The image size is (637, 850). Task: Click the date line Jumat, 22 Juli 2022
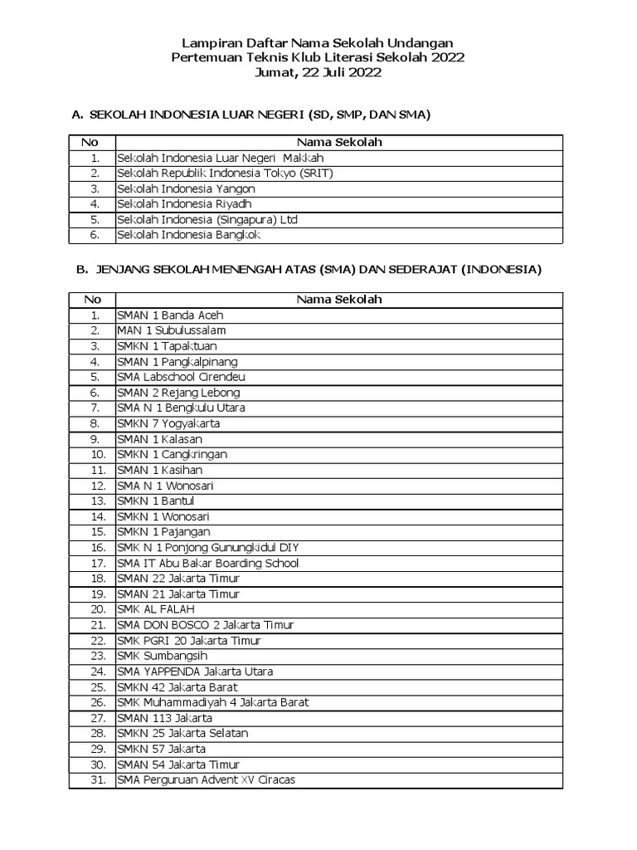point(318,72)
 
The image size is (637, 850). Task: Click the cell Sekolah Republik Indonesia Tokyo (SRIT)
point(225,173)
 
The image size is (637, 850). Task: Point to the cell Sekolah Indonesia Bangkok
point(189,235)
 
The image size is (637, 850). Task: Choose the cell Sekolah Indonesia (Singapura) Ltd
point(207,220)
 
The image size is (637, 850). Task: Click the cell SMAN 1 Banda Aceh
point(170,315)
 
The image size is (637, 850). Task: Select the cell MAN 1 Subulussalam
point(171,330)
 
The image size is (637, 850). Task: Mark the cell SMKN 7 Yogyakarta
point(168,423)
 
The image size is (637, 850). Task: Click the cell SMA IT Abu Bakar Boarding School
point(207,563)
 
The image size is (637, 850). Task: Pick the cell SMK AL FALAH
point(156,609)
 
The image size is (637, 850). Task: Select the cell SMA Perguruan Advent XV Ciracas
point(206,779)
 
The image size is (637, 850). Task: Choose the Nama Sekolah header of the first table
point(339,143)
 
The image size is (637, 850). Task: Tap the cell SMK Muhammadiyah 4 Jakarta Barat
point(212,702)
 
